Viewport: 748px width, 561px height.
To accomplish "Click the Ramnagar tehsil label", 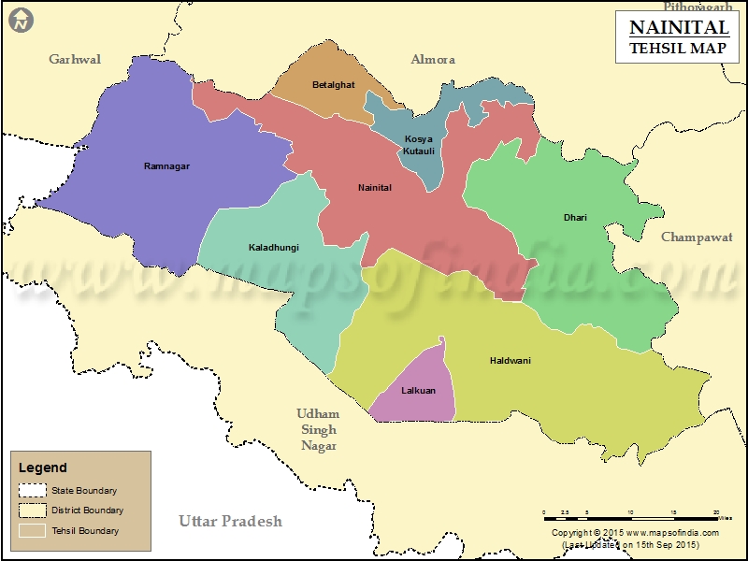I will pos(166,166).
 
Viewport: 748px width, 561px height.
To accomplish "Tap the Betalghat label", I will pos(334,85).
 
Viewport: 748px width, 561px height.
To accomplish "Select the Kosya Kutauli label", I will pos(419,145).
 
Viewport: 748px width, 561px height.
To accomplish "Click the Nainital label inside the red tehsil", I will pos(375,188).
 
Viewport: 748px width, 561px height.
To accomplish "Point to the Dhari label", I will pos(575,218).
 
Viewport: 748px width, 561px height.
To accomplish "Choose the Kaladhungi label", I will pos(273,248).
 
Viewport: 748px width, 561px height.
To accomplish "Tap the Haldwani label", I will pos(510,360).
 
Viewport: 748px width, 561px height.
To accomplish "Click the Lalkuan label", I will pos(418,391).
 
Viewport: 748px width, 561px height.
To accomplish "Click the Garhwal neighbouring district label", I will pos(75,59).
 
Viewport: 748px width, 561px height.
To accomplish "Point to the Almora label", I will pos(433,59).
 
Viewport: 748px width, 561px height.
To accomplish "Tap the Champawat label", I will pos(697,237).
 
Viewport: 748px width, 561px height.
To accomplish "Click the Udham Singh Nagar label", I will pos(318,429).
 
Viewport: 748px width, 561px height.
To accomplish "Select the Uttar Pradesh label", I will pos(230,521).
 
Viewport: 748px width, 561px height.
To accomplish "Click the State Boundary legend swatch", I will pos(33,490).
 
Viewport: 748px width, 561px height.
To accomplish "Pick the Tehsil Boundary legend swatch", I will pos(33,530).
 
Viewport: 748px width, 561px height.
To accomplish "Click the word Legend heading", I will pos(43,467).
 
